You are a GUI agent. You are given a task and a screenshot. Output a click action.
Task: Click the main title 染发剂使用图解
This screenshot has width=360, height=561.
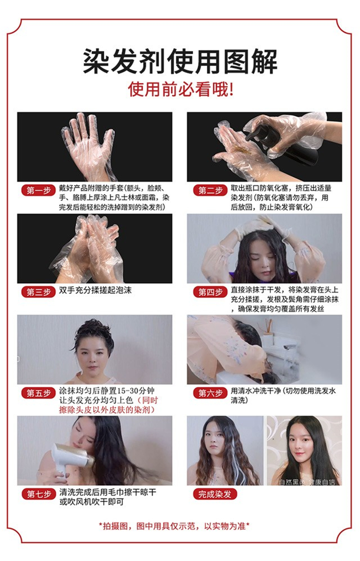point(180,61)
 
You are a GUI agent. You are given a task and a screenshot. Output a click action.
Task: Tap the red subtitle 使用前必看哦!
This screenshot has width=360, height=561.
point(180,89)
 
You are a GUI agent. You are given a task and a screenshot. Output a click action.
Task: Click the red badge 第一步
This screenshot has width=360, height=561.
point(38,190)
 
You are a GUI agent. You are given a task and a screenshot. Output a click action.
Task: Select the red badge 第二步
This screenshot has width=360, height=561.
point(210,190)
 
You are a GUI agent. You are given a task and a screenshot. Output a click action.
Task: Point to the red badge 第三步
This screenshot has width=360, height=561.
point(38,292)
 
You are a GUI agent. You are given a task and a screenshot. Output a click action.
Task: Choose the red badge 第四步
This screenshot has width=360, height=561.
point(210,292)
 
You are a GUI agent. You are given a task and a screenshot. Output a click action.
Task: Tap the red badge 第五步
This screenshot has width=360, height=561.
point(38,393)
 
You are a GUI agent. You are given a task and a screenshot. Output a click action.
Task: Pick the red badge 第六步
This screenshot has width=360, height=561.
point(210,393)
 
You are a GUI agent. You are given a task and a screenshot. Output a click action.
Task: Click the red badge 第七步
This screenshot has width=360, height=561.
point(38,494)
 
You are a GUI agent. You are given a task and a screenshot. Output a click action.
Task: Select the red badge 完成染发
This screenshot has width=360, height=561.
point(215,494)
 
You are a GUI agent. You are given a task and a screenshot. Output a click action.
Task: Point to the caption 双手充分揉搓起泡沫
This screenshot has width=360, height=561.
point(95,290)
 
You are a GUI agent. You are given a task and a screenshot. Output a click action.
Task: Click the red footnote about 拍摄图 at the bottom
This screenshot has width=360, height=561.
point(174,526)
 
